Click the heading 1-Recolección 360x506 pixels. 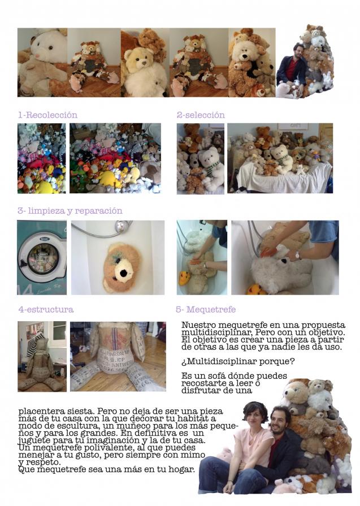(x=47, y=115)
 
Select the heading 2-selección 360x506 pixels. (x=201, y=115)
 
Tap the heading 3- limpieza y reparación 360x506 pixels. (x=70, y=211)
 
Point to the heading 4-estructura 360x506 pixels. (x=46, y=309)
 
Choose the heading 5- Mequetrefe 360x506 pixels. (x=206, y=309)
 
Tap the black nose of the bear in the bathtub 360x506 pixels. (x=123, y=273)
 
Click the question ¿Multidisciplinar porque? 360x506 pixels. (x=238, y=361)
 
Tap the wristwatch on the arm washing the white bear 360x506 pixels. (x=297, y=256)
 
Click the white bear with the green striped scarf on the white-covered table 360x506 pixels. (x=281, y=158)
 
